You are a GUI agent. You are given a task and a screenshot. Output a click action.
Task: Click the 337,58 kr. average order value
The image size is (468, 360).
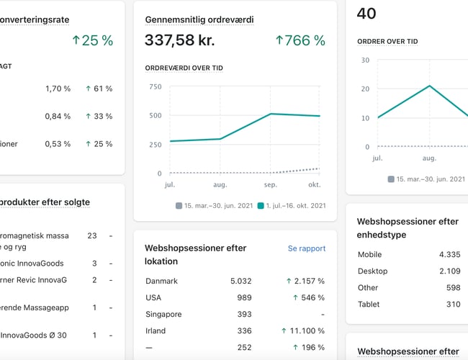[180, 40]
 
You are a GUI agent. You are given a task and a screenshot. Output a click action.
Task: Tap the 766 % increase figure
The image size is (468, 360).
[301, 40]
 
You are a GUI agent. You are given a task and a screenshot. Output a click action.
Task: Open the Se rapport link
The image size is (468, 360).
[307, 248]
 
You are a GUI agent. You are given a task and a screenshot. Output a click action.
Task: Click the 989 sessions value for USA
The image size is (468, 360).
[245, 297]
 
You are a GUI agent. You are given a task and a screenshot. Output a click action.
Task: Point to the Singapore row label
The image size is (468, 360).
[163, 314]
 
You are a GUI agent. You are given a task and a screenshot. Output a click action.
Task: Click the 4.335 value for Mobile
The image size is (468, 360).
[449, 254]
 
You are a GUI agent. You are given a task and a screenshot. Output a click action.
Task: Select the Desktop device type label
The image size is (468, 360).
[372, 271]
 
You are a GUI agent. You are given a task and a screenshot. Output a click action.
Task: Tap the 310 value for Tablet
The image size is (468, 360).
[452, 305]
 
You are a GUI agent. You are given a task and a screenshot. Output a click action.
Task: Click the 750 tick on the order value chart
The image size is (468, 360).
[155, 87]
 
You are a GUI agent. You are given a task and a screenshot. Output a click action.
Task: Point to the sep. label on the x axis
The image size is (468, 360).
[270, 184]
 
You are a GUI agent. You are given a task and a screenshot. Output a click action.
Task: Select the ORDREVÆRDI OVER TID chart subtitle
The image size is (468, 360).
[184, 68]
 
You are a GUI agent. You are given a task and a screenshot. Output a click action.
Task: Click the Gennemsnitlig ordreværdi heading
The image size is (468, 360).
[199, 19]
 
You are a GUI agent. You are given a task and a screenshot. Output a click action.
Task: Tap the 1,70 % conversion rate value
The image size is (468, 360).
[58, 89]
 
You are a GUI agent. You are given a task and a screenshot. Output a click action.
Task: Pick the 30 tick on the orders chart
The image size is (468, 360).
[365, 60]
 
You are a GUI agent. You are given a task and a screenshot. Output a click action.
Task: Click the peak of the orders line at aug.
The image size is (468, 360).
[430, 86]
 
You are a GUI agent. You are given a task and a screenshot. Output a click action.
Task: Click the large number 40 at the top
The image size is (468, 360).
[366, 13]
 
